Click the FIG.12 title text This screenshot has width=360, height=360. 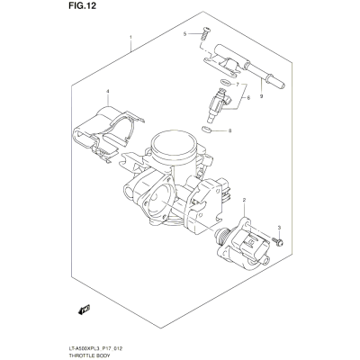[80, 5]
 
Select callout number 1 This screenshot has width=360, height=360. [130, 37]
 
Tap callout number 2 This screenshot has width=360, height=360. [244, 200]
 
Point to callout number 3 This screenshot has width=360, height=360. [279, 229]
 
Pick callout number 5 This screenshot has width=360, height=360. [185, 34]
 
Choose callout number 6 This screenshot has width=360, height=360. [248, 98]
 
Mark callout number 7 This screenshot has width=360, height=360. [238, 85]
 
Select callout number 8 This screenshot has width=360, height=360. [230, 130]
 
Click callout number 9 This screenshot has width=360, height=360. [261, 96]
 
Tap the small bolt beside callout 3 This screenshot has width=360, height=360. [277, 241]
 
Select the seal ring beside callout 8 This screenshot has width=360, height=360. [206, 130]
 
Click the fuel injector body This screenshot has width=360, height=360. [217, 105]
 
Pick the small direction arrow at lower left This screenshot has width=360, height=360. [84, 310]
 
